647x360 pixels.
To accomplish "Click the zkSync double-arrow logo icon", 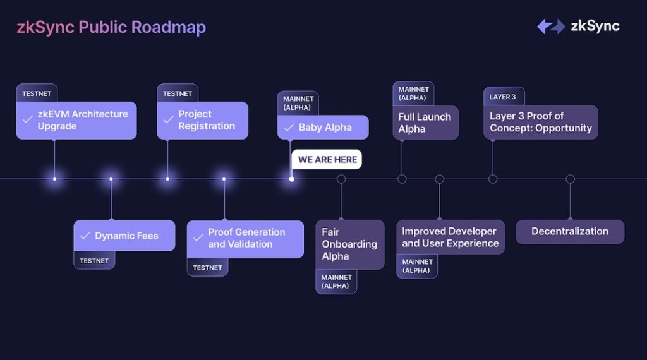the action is point(551,27).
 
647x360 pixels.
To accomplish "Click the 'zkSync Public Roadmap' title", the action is point(111,27).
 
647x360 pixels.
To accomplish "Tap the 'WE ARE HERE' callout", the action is point(327,160).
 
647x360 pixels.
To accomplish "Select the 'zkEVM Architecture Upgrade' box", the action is point(76,121).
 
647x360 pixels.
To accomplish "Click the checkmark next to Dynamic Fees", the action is point(85,236).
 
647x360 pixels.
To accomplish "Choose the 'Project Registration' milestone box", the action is point(203,121).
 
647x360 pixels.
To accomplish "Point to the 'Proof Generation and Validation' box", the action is point(245,239).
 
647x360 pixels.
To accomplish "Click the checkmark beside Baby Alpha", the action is point(289,128).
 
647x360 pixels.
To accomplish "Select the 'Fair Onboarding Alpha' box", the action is point(350,244).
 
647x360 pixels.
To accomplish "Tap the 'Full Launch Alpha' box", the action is point(425,123).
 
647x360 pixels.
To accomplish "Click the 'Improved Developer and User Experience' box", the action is point(450,237).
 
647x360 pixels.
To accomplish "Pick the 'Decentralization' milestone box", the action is point(570,232).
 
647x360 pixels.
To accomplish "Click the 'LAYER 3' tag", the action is point(504,97).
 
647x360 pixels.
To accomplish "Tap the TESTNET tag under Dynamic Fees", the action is point(94,260).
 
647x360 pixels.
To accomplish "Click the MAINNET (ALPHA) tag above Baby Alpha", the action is point(298,103).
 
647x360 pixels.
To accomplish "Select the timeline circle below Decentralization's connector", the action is point(571,179).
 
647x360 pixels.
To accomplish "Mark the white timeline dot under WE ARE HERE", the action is point(291,179).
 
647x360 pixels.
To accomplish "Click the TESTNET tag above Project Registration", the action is point(178,93).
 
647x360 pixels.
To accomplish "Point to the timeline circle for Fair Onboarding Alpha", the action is point(341,179).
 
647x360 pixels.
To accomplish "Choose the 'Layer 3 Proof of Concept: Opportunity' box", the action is point(541,122).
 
